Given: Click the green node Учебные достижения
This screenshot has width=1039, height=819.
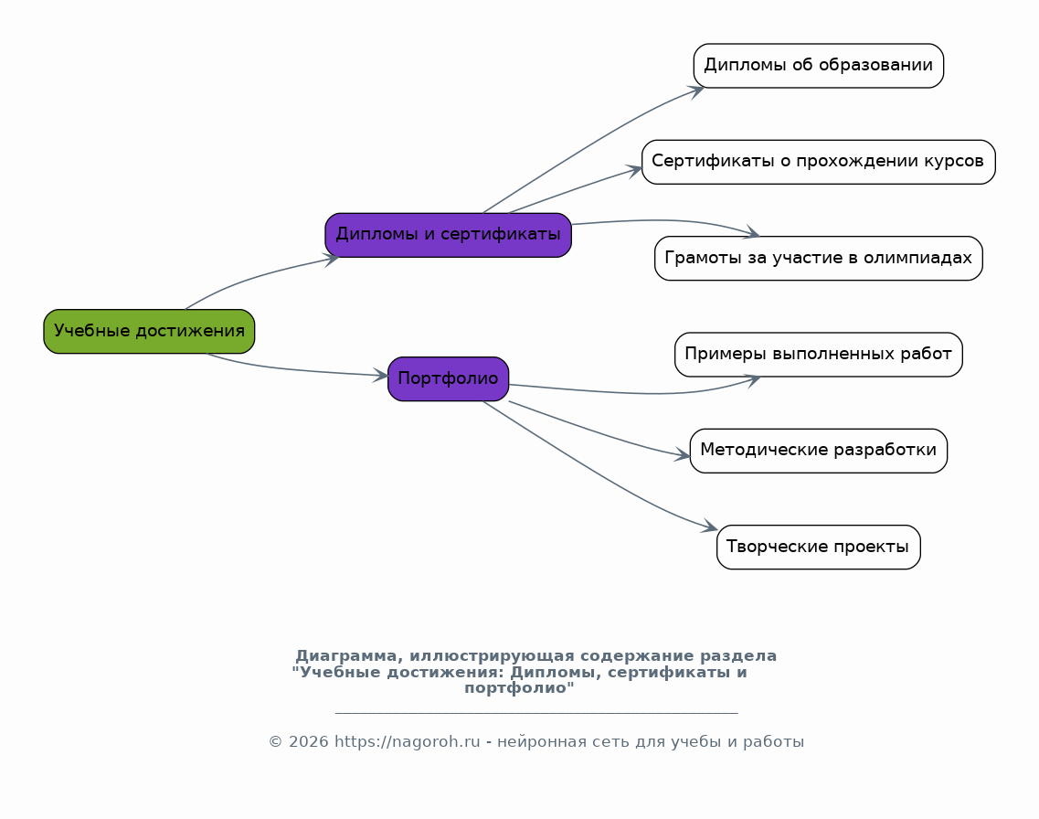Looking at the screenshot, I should click(x=149, y=331).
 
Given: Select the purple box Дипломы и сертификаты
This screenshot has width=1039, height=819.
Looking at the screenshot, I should click(x=448, y=235).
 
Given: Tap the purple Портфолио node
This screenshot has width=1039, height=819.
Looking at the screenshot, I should click(x=448, y=378).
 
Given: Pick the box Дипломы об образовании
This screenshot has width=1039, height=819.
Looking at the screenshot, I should click(x=818, y=66).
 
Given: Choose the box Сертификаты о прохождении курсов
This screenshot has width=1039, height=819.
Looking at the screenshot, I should click(x=818, y=162).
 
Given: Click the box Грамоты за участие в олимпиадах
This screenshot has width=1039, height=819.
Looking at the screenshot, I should click(x=818, y=258).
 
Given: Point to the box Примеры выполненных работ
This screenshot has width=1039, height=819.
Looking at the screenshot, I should click(x=818, y=354).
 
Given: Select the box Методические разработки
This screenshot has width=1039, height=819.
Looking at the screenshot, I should click(x=818, y=451).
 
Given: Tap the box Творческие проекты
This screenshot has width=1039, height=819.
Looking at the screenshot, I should click(x=818, y=547).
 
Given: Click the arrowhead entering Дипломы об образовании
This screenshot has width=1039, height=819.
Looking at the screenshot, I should click(x=696, y=90).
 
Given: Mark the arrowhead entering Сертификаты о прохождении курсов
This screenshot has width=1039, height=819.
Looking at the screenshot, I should click(x=635, y=169).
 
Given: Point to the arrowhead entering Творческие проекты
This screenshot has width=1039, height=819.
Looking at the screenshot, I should click(x=710, y=527).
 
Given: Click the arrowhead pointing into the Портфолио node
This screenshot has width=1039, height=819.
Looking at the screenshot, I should click(x=381, y=375).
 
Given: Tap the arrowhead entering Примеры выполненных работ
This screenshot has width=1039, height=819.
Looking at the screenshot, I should click(x=753, y=379).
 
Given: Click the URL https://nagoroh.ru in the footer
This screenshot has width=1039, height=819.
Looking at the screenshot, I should click(x=407, y=742).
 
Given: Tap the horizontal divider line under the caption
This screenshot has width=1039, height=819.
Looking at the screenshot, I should click(x=536, y=713).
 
